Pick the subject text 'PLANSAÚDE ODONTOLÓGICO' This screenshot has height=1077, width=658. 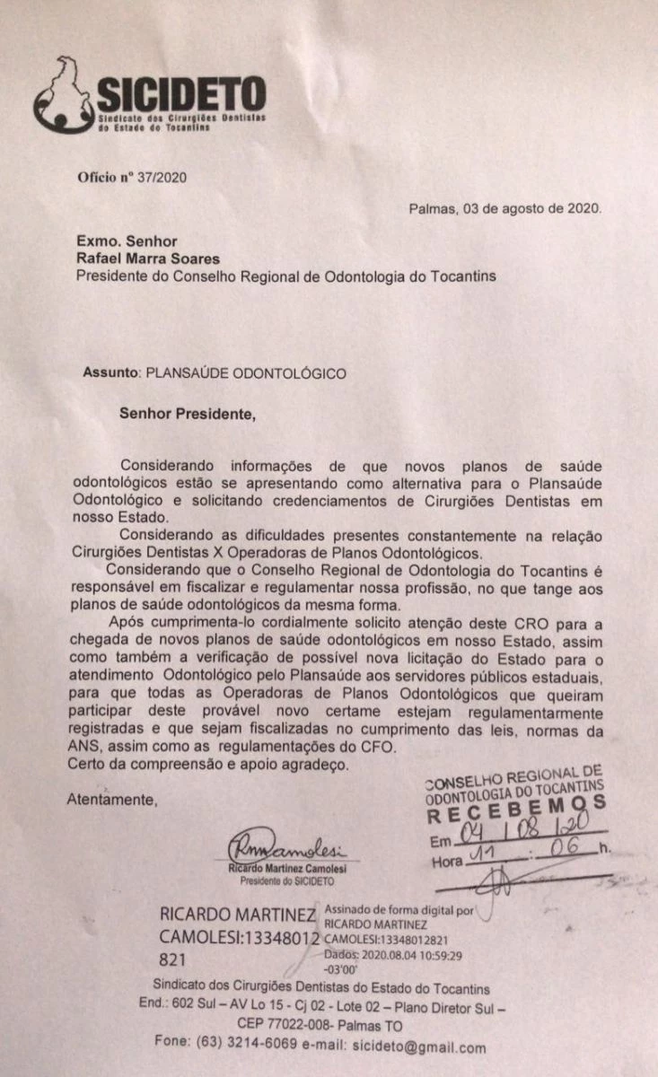246,372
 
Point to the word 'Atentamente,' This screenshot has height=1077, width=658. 112,800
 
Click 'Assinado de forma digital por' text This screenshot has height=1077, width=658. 399,909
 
